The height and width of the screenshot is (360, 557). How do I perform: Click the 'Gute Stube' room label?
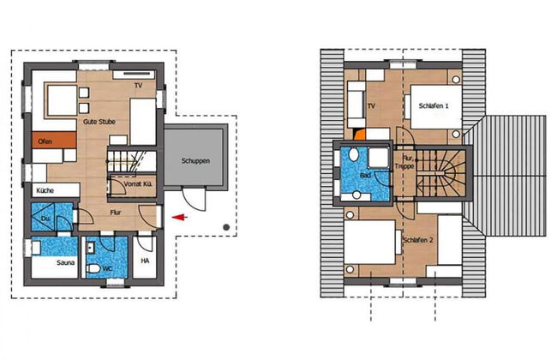(99, 122)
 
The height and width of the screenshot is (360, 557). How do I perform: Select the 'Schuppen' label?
(196, 160)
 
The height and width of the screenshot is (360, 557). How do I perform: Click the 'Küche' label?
(45, 190)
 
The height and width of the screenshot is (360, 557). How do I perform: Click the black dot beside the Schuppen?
(225, 227)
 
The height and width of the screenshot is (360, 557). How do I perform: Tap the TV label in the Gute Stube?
(137, 87)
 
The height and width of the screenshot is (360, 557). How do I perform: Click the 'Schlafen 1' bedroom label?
(434, 105)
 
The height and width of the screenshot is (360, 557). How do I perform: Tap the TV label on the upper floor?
(371, 106)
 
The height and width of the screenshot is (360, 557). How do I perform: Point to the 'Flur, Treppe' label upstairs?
(407, 163)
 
